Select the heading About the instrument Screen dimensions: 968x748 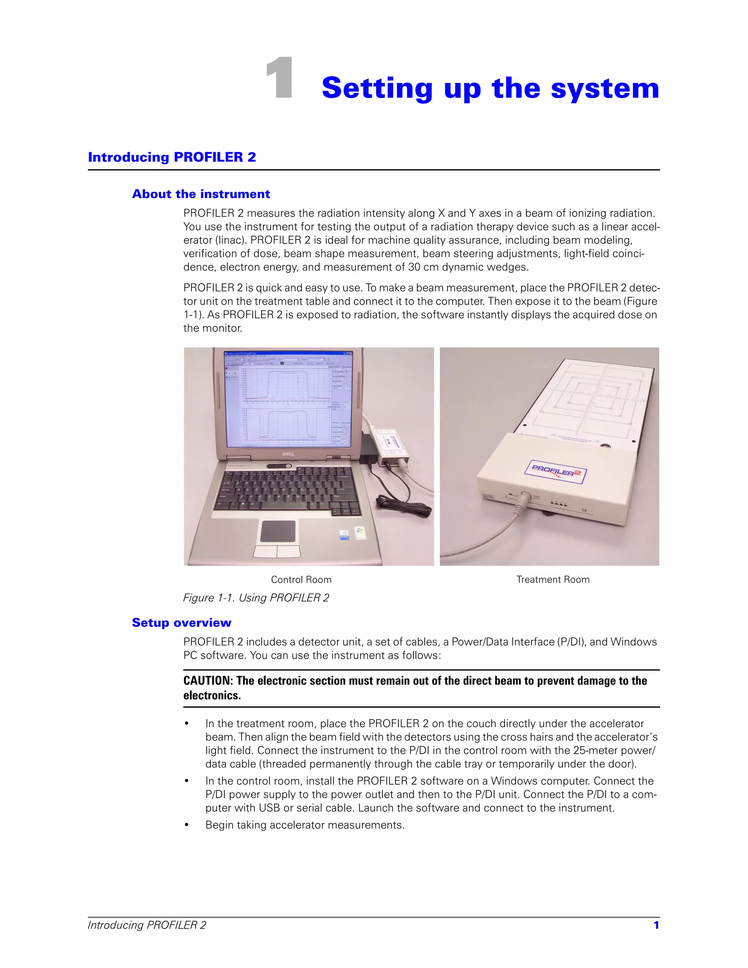pos(201,194)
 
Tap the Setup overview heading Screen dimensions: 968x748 pos(182,623)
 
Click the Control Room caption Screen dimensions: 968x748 pos(301,580)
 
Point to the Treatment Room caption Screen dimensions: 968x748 pos(553,580)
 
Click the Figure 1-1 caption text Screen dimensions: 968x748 pos(256,598)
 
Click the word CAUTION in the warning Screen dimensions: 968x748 pos(207,681)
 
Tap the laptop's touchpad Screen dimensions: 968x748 pos(278,531)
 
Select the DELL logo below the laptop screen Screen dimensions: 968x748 pos(289,454)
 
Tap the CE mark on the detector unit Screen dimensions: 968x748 pos(584,511)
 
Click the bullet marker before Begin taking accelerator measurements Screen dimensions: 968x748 pos(187,825)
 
